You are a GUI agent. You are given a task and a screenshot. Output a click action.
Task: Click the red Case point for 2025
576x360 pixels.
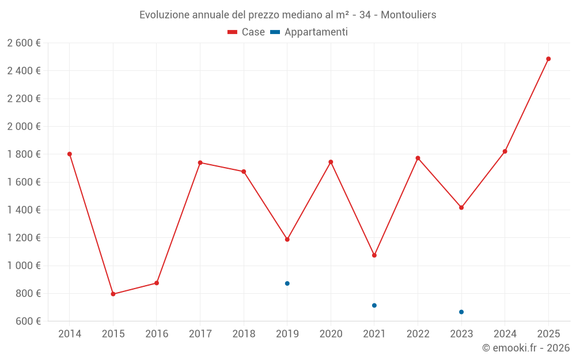(548, 59)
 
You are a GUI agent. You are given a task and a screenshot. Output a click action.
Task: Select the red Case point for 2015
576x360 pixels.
(113, 294)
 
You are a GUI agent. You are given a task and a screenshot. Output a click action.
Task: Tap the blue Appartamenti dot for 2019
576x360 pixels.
(287, 283)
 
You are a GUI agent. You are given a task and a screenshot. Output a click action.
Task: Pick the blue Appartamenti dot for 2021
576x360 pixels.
(374, 305)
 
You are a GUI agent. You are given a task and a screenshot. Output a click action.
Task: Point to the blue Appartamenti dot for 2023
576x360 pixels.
(461, 312)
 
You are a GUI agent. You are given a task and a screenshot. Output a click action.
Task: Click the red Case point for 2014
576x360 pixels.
(70, 154)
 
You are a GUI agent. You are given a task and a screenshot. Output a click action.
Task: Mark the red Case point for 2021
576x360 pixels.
(374, 255)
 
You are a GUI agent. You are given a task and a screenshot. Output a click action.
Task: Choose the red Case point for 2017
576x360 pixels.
(200, 162)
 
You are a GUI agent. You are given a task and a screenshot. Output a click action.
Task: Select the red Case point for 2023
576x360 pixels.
(461, 207)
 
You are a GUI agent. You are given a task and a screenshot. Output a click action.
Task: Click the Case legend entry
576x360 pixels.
(247, 32)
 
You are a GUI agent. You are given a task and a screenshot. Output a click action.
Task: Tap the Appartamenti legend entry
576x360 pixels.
(309, 32)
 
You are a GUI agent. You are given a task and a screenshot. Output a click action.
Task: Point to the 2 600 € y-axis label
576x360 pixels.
(24, 43)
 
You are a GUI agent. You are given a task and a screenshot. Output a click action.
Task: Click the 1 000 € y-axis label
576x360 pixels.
(24, 266)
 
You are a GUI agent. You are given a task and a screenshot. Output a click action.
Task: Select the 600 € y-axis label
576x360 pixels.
(27, 321)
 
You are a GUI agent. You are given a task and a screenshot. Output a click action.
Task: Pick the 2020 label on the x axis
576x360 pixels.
(331, 334)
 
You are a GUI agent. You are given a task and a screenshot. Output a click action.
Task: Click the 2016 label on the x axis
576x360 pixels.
(157, 334)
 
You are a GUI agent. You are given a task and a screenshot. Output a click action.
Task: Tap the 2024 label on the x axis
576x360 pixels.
(505, 334)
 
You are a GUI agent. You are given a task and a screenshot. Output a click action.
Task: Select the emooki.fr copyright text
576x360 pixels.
(526, 348)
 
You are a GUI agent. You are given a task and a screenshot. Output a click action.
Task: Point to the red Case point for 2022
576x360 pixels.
(418, 158)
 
